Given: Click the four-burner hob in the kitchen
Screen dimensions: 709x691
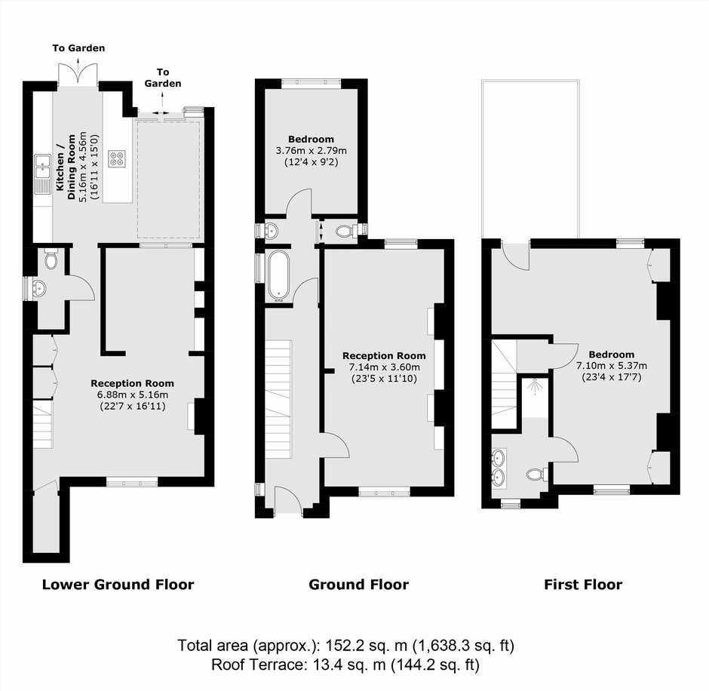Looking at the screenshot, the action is pyautogui.click(x=118, y=158).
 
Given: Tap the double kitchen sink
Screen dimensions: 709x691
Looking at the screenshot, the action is pyautogui.click(x=42, y=174).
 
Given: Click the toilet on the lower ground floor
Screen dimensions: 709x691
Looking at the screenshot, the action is pyautogui.click(x=51, y=260).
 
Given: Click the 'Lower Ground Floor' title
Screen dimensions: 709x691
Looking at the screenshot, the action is pyautogui.click(x=118, y=585).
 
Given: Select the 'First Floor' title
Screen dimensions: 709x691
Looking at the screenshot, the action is pyautogui.click(x=583, y=585).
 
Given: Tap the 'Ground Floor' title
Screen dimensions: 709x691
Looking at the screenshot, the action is pyautogui.click(x=358, y=585).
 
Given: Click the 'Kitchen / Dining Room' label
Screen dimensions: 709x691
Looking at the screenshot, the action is pyautogui.click(x=66, y=167).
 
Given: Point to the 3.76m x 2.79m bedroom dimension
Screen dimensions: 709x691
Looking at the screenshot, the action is pyautogui.click(x=311, y=151).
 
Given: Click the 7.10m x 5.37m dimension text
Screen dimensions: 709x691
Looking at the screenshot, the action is pyautogui.click(x=612, y=365).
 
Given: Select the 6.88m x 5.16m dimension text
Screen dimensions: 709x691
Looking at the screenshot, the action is pyautogui.click(x=133, y=395).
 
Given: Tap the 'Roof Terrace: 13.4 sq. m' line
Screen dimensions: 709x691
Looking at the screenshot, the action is pyautogui.click(x=345, y=665).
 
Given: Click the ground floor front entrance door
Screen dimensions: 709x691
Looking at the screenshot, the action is pyautogui.click(x=288, y=499).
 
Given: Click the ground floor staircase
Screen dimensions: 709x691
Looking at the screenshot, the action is pyautogui.click(x=278, y=399).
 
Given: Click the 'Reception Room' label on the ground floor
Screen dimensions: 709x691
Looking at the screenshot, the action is pyautogui.click(x=384, y=356).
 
